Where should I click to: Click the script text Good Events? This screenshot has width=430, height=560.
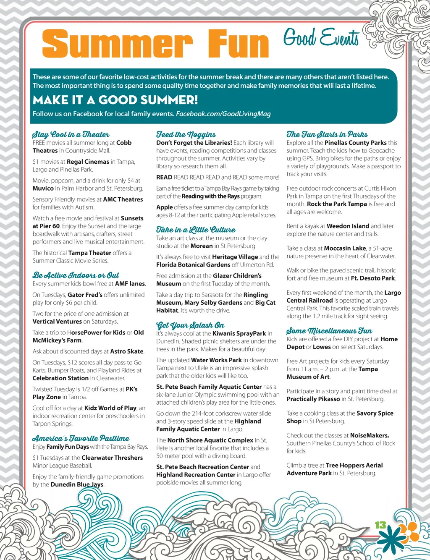click(x=321, y=38)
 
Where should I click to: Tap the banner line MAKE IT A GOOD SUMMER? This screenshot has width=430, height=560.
click(x=115, y=100)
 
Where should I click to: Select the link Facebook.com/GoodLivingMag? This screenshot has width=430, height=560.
click(x=223, y=114)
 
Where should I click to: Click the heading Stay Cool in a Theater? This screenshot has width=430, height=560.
click(x=71, y=134)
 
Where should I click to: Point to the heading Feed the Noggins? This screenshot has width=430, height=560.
click(x=186, y=134)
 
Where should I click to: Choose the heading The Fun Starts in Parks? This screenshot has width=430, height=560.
click(x=327, y=134)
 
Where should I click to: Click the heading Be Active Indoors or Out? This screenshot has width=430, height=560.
click(x=76, y=275)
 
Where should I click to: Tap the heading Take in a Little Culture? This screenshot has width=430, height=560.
click(x=196, y=230)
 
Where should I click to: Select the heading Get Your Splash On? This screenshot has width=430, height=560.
click(x=190, y=325)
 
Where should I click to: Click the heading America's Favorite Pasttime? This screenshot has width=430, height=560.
click(x=81, y=438)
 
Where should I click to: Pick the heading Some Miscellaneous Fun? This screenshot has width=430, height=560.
click(x=329, y=331)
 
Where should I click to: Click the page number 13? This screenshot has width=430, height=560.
click(x=380, y=525)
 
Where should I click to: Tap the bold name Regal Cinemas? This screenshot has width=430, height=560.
click(x=88, y=162)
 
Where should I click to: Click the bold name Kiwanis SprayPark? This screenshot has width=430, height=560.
click(x=239, y=333)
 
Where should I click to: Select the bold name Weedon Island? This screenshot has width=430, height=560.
click(x=348, y=226)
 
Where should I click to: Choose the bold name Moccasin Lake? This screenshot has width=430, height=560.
click(x=345, y=248)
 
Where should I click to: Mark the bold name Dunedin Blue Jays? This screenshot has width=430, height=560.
click(x=77, y=484)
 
